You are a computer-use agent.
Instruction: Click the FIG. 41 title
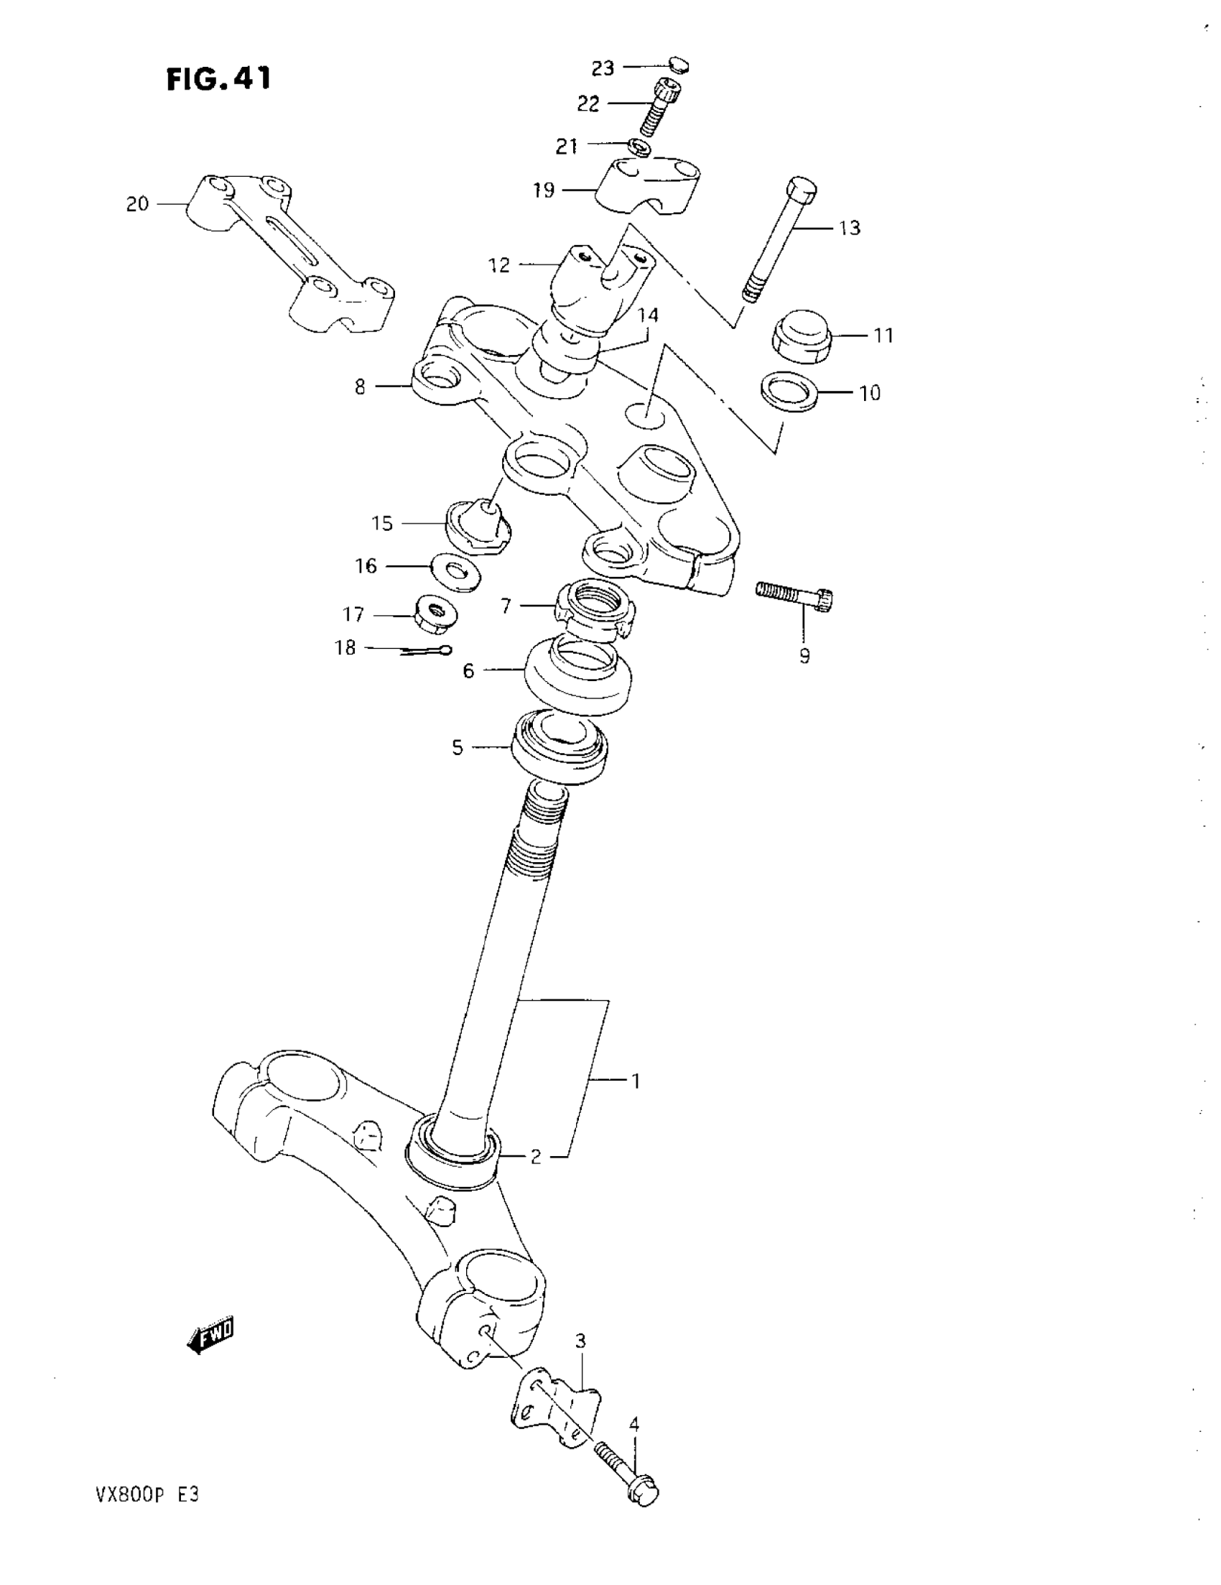click(x=218, y=78)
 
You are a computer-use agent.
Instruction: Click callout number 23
click(x=603, y=68)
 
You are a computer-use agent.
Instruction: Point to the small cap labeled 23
click(x=677, y=65)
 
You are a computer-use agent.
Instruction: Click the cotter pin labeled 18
click(x=427, y=651)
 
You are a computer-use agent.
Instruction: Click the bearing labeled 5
click(x=560, y=747)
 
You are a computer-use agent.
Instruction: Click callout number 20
click(x=137, y=204)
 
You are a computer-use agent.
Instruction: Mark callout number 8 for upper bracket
click(x=361, y=387)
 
